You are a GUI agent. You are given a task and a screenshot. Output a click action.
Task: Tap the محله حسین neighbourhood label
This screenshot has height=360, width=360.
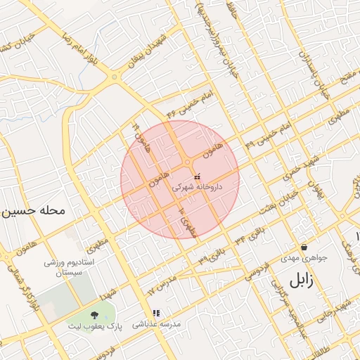pos(33,210)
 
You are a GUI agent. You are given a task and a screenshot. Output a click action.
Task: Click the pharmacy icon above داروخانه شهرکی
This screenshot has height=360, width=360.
pos(196,175)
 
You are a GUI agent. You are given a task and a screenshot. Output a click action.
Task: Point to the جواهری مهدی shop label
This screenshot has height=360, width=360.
pos(301,258)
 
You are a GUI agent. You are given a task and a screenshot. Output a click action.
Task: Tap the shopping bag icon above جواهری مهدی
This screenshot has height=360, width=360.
pos(303,247)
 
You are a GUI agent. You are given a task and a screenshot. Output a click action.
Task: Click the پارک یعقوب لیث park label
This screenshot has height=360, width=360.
pos(94,326)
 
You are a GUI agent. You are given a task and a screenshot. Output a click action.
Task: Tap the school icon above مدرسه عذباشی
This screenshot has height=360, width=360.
pos(155,313)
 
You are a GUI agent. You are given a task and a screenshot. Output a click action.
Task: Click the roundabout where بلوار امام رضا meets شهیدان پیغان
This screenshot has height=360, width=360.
pos(112,76)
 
